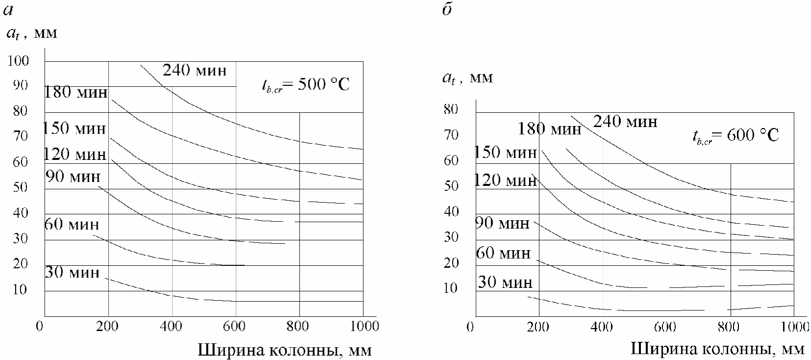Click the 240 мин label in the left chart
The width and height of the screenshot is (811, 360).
[195, 71]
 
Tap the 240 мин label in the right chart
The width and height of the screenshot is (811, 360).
[625, 121]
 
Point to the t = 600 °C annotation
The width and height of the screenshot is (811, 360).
[735, 135]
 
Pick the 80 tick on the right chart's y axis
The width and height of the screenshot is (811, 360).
[451, 109]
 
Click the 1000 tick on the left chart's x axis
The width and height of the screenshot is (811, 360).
[363, 326]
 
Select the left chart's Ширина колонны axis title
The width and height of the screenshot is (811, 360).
[285, 350]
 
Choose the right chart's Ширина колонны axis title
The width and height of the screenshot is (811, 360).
[717, 349]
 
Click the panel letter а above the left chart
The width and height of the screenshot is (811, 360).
[7, 10]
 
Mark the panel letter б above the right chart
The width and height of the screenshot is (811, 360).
[447, 10]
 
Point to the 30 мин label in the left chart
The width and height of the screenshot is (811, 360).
[72, 272]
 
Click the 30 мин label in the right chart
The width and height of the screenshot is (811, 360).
[505, 282]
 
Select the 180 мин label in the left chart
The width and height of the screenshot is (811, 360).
[76, 92]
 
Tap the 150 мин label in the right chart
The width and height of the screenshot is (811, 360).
[506, 153]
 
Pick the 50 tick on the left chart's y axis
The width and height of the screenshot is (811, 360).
[21, 187]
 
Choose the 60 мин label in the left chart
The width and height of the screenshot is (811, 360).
[72, 225]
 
